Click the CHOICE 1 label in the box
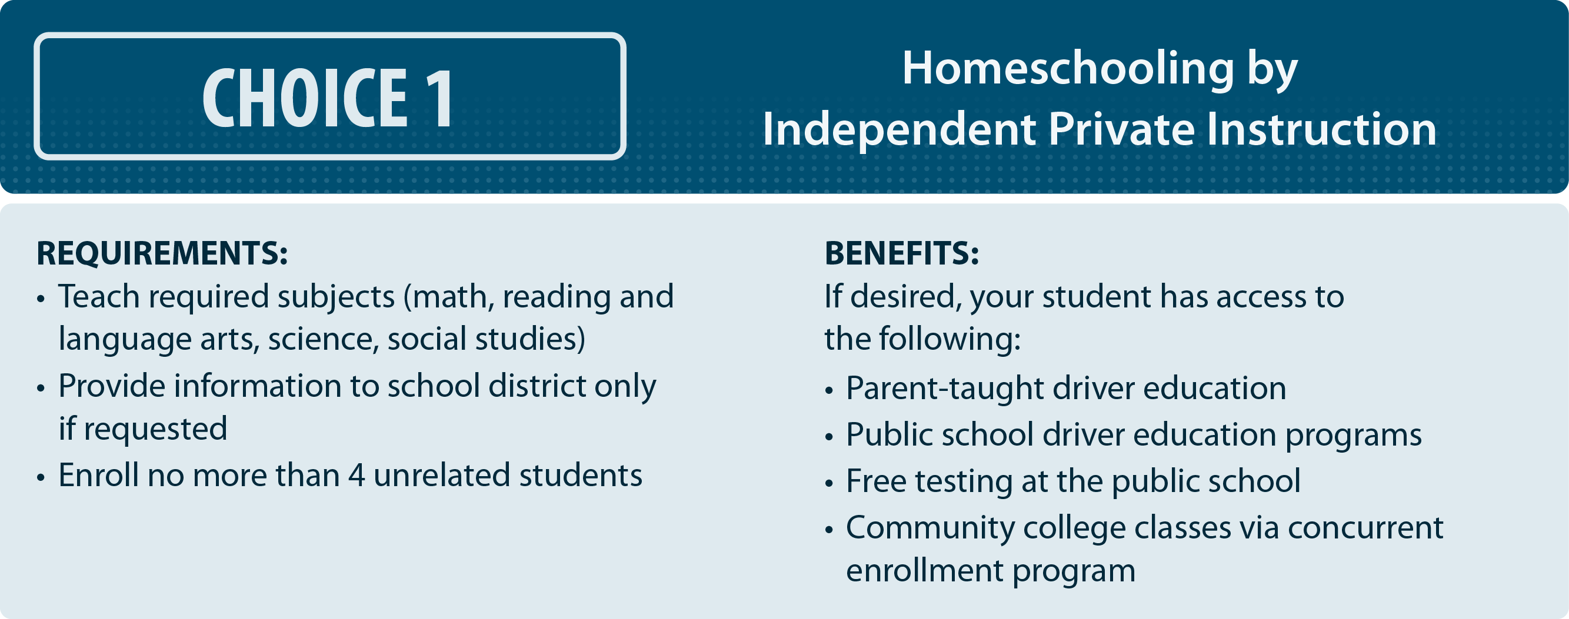click(328, 98)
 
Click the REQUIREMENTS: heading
click(162, 253)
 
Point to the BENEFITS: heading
click(902, 253)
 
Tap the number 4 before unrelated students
click(357, 476)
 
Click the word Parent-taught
click(945, 389)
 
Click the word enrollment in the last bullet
click(925, 571)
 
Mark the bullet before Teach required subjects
click(41, 299)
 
